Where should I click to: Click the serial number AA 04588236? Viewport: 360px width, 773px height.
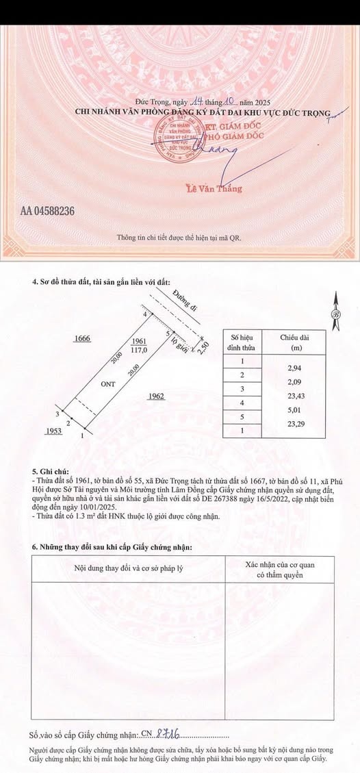pyautogui.click(x=42, y=211)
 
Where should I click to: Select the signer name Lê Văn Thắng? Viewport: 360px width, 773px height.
pyautogui.click(x=214, y=188)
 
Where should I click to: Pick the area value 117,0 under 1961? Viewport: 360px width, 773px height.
pyautogui.click(x=140, y=349)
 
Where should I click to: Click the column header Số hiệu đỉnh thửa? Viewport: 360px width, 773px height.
pyautogui.click(x=242, y=342)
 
